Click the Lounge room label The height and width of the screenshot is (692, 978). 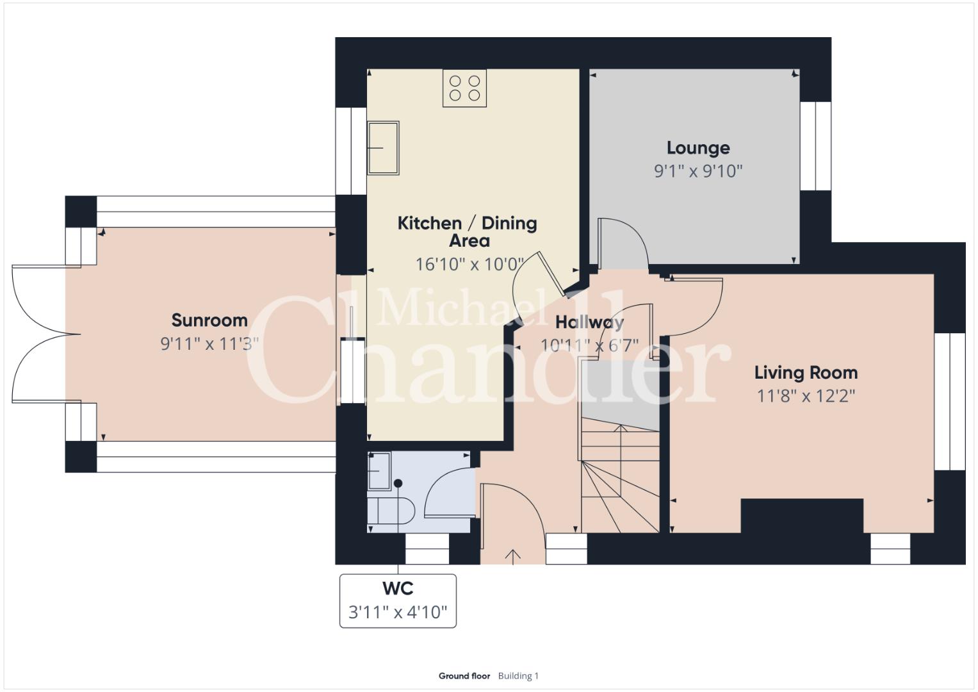[x=698, y=147]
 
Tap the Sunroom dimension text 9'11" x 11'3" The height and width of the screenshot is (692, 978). [x=209, y=344]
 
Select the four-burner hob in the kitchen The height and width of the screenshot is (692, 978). [x=464, y=88]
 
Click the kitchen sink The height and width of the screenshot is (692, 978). [x=384, y=148]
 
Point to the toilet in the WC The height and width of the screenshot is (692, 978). [x=391, y=510]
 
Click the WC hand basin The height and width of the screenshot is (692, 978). [x=379, y=471]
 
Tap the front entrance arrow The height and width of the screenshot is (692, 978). [x=513, y=557]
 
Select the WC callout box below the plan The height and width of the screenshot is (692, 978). [x=398, y=601]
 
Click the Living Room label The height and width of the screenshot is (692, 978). [x=806, y=373]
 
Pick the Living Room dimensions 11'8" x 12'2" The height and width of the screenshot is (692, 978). [x=806, y=396]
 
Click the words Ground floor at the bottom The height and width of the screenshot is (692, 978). [x=464, y=676]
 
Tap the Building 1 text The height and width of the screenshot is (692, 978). [x=518, y=676]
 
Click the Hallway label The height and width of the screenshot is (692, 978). [x=589, y=322]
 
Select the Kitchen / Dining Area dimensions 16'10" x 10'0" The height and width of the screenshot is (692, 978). [x=469, y=264]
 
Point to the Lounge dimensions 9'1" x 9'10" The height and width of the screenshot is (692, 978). [x=698, y=171]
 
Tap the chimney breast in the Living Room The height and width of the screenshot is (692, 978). [x=802, y=516]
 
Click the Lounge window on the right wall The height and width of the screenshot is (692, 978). [x=815, y=146]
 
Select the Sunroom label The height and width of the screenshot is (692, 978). [x=209, y=320]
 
